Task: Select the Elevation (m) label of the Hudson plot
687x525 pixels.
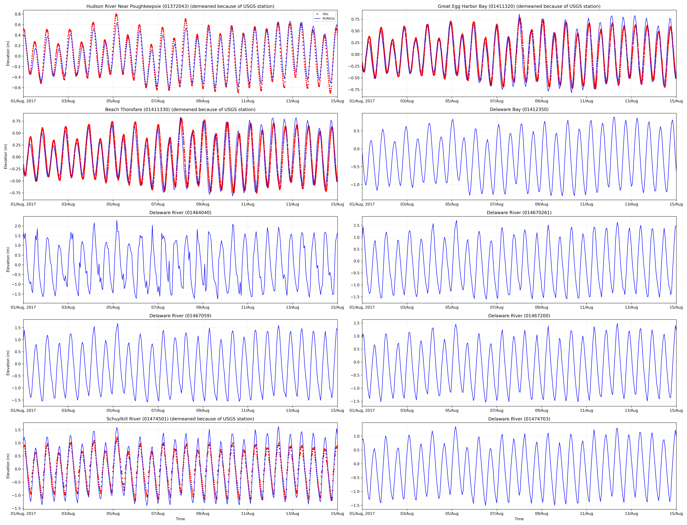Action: click(8, 53)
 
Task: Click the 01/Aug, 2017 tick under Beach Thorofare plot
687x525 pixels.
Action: click(23, 204)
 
